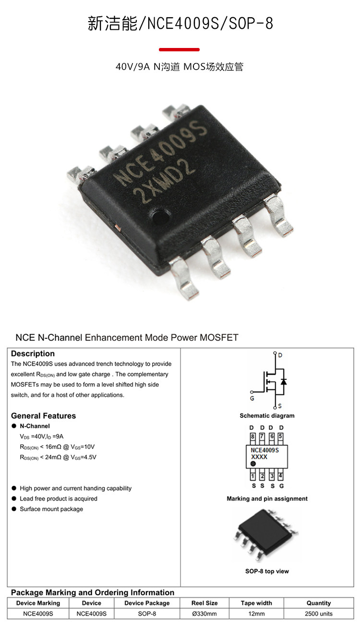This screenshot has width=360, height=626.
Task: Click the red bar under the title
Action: pyautogui.click(x=179, y=49)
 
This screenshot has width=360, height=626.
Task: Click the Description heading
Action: pyautogui.click(x=33, y=354)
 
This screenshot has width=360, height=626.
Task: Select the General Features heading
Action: pyautogui.click(x=43, y=415)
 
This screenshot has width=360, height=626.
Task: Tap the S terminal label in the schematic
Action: pyautogui.click(x=280, y=405)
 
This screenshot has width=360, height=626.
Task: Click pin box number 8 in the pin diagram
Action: pyautogui.click(x=252, y=437)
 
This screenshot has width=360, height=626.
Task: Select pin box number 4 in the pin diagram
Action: pyautogui.click(x=281, y=476)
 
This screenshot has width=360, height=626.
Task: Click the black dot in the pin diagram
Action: pyautogui.click(x=253, y=464)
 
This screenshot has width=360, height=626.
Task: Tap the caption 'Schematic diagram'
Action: pyautogui.click(x=267, y=415)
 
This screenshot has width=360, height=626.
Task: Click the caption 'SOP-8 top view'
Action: pyautogui.click(x=267, y=571)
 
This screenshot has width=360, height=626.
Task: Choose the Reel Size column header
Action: pyautogui.click(x=204, y=603)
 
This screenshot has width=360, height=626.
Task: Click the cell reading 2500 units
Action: pyautogui.click(x=319, y=614)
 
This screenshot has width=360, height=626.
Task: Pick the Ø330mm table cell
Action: pyautogui.click(x=204, y=614)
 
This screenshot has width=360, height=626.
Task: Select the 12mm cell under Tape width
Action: pyautogui.click(x=256, y=614)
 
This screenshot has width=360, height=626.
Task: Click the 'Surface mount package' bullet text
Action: pyautogui.click(x=51, y=509)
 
